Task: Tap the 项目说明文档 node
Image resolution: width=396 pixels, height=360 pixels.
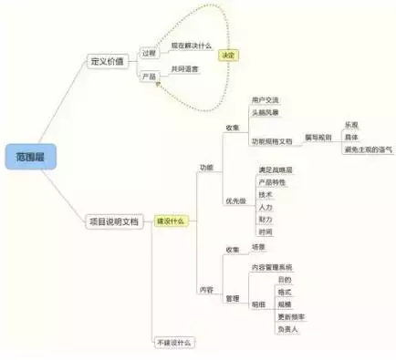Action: (114, 221)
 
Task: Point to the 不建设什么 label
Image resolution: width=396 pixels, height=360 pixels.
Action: (176, 343)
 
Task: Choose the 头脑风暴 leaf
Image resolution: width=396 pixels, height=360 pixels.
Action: (266, 112)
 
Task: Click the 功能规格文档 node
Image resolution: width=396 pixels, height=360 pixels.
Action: (272, 142)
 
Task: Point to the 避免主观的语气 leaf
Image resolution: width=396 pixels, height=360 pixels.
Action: (366, 149)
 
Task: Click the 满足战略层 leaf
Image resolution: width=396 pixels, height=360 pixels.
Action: (275, 170)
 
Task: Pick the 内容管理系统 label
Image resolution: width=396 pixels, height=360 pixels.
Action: (279, 267)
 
